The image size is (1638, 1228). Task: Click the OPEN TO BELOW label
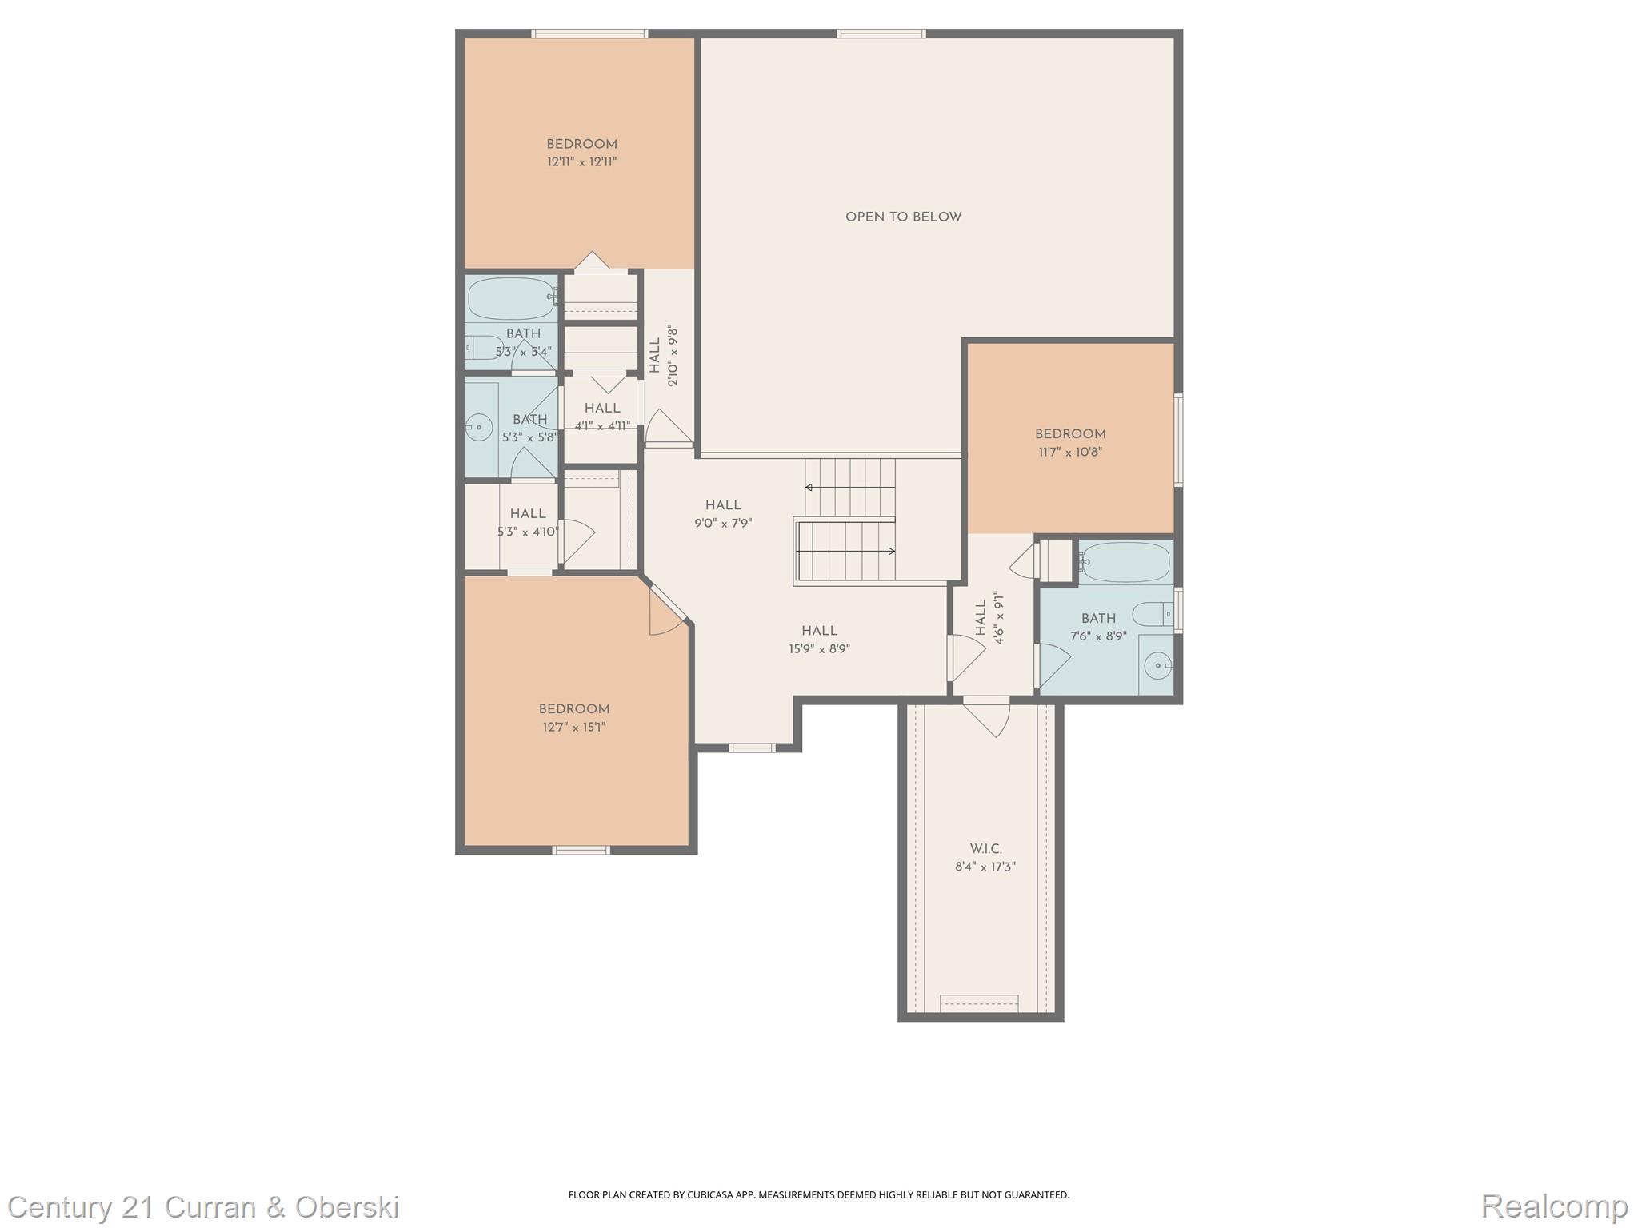pos(903,217)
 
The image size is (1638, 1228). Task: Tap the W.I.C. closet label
pos(985,849)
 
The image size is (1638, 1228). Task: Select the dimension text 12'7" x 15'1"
pos(574,728)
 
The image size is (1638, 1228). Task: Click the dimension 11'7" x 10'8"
pos(1070,453)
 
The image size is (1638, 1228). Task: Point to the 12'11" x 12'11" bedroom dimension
pos(581,162)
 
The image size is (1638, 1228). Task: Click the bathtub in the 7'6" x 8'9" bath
pos(1125,563)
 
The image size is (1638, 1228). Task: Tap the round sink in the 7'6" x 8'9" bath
pos(1157,664)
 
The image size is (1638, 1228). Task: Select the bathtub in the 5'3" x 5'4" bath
pos(510,298)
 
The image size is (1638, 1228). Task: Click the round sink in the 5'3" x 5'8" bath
pos(478,427)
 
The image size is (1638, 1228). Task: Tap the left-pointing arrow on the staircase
pos(809,487)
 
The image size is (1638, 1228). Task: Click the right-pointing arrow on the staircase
pos(891,551)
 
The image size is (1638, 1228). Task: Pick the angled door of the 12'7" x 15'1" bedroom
pos(666,610)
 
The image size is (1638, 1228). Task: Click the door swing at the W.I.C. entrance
pos(989,717)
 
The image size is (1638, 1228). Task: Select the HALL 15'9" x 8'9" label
pos(819,640)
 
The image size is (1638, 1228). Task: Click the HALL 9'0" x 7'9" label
pos(723,514)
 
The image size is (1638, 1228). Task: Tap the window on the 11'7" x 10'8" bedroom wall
pos(1178,439)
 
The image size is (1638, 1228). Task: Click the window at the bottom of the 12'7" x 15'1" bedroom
pos(581,850)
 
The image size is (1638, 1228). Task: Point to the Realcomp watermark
pos(1553,1206)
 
